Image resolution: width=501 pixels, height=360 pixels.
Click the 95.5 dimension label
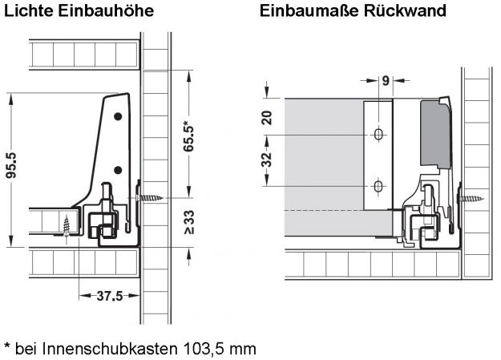point(12,165)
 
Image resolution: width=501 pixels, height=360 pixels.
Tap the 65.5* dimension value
point(188,136)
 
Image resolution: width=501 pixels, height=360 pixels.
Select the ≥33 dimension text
point(189,222)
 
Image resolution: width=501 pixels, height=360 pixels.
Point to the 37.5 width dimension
point(110,296)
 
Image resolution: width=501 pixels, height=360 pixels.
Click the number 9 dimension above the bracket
point(386,80)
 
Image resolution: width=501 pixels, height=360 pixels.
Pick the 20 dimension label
point(267,118)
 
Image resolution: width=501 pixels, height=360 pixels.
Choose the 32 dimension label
point(267,160)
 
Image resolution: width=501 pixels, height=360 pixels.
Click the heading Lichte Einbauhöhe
point(79,11)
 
